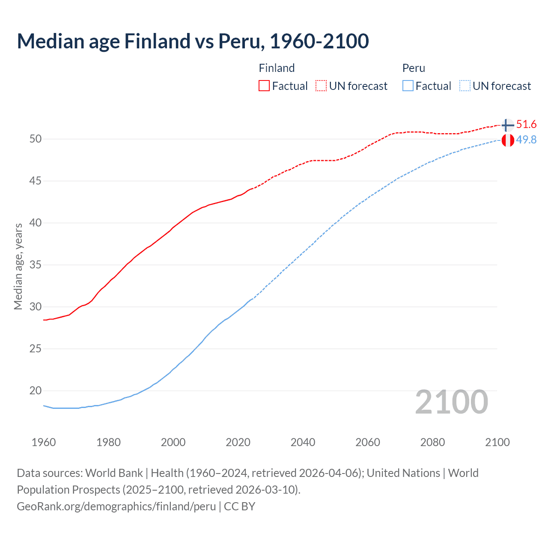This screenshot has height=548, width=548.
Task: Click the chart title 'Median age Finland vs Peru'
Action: coord(193,41)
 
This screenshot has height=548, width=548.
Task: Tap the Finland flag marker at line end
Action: coord(507,125)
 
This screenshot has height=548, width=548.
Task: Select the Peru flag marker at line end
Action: coord(507,140)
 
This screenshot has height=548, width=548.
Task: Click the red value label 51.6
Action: coord(526,125)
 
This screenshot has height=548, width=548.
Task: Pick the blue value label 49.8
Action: coord(526,140)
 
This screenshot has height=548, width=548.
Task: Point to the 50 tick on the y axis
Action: coord(36,139)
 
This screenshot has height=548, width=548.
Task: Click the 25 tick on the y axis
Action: coord(36,348)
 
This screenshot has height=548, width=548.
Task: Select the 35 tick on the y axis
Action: coord(36,265)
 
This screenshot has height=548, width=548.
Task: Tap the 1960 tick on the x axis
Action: coord(44,442)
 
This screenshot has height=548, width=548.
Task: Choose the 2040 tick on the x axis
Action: coord(303,442)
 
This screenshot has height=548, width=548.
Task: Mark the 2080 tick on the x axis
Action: coord(432,442)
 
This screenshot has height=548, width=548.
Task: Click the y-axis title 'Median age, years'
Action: coord(18,266)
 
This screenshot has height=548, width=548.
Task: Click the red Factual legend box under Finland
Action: coord(264,86)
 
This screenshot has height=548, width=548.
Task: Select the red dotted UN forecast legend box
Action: coord(321,86)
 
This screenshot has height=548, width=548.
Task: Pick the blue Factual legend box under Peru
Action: coord(408,86)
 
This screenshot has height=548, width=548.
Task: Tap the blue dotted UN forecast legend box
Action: coord(465,86)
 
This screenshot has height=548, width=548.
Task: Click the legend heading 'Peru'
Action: coord(414,68)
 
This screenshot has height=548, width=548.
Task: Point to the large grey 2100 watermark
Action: coord(452,402)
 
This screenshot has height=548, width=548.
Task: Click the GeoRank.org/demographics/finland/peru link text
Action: coord(116,506)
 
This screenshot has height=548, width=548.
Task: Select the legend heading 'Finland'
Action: coord(277,68)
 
